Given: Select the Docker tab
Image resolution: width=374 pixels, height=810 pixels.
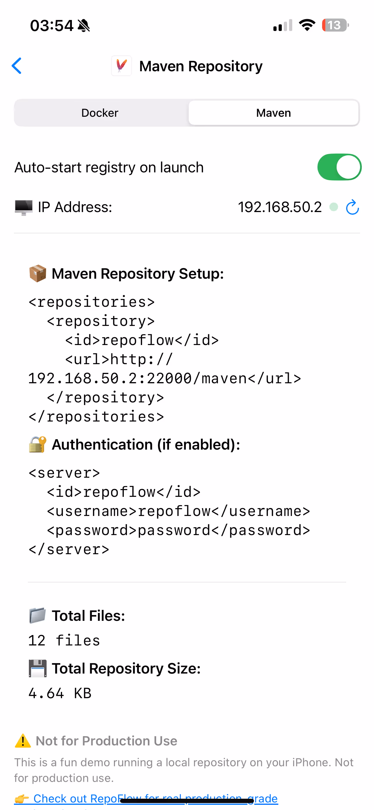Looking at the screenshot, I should tap(100, 113).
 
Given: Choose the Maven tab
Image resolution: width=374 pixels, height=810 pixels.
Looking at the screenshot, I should tap(273, 113).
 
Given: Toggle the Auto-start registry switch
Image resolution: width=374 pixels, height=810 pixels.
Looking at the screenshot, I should tap(339, 167).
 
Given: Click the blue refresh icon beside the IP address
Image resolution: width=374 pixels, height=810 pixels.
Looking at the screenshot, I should tap(352, 207).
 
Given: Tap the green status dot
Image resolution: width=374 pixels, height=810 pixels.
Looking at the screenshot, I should tap(334, 207).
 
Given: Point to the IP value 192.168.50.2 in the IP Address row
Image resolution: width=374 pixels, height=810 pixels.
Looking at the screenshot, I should tap(279, 207).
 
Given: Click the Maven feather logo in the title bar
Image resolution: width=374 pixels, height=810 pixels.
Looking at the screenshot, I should tap(121, 66).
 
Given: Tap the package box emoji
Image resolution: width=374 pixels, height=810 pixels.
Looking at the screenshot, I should tap(38, 273).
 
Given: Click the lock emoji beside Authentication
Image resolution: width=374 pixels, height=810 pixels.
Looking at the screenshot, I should tap(38, 445).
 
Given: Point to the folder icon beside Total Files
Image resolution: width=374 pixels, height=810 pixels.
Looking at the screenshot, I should tap(38, 615).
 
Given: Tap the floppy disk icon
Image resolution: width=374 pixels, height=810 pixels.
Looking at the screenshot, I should tap(38, 668).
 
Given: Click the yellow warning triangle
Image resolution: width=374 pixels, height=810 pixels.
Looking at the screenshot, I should tap(23, 741).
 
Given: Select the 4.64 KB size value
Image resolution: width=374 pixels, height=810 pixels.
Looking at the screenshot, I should tap(60, 693).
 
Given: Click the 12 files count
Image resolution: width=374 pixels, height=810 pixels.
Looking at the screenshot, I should tap(64, 641).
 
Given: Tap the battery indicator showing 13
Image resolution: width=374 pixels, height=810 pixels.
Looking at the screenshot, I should tap(335, 25).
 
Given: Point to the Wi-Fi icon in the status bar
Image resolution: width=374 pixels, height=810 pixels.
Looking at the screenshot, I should tap(307, 25).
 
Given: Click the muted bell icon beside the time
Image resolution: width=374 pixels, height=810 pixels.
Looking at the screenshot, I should tap(84, 25).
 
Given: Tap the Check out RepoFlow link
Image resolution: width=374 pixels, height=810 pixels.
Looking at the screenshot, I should tap(155, 798).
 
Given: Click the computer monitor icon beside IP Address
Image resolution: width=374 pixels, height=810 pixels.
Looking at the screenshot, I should tap(23, 207).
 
